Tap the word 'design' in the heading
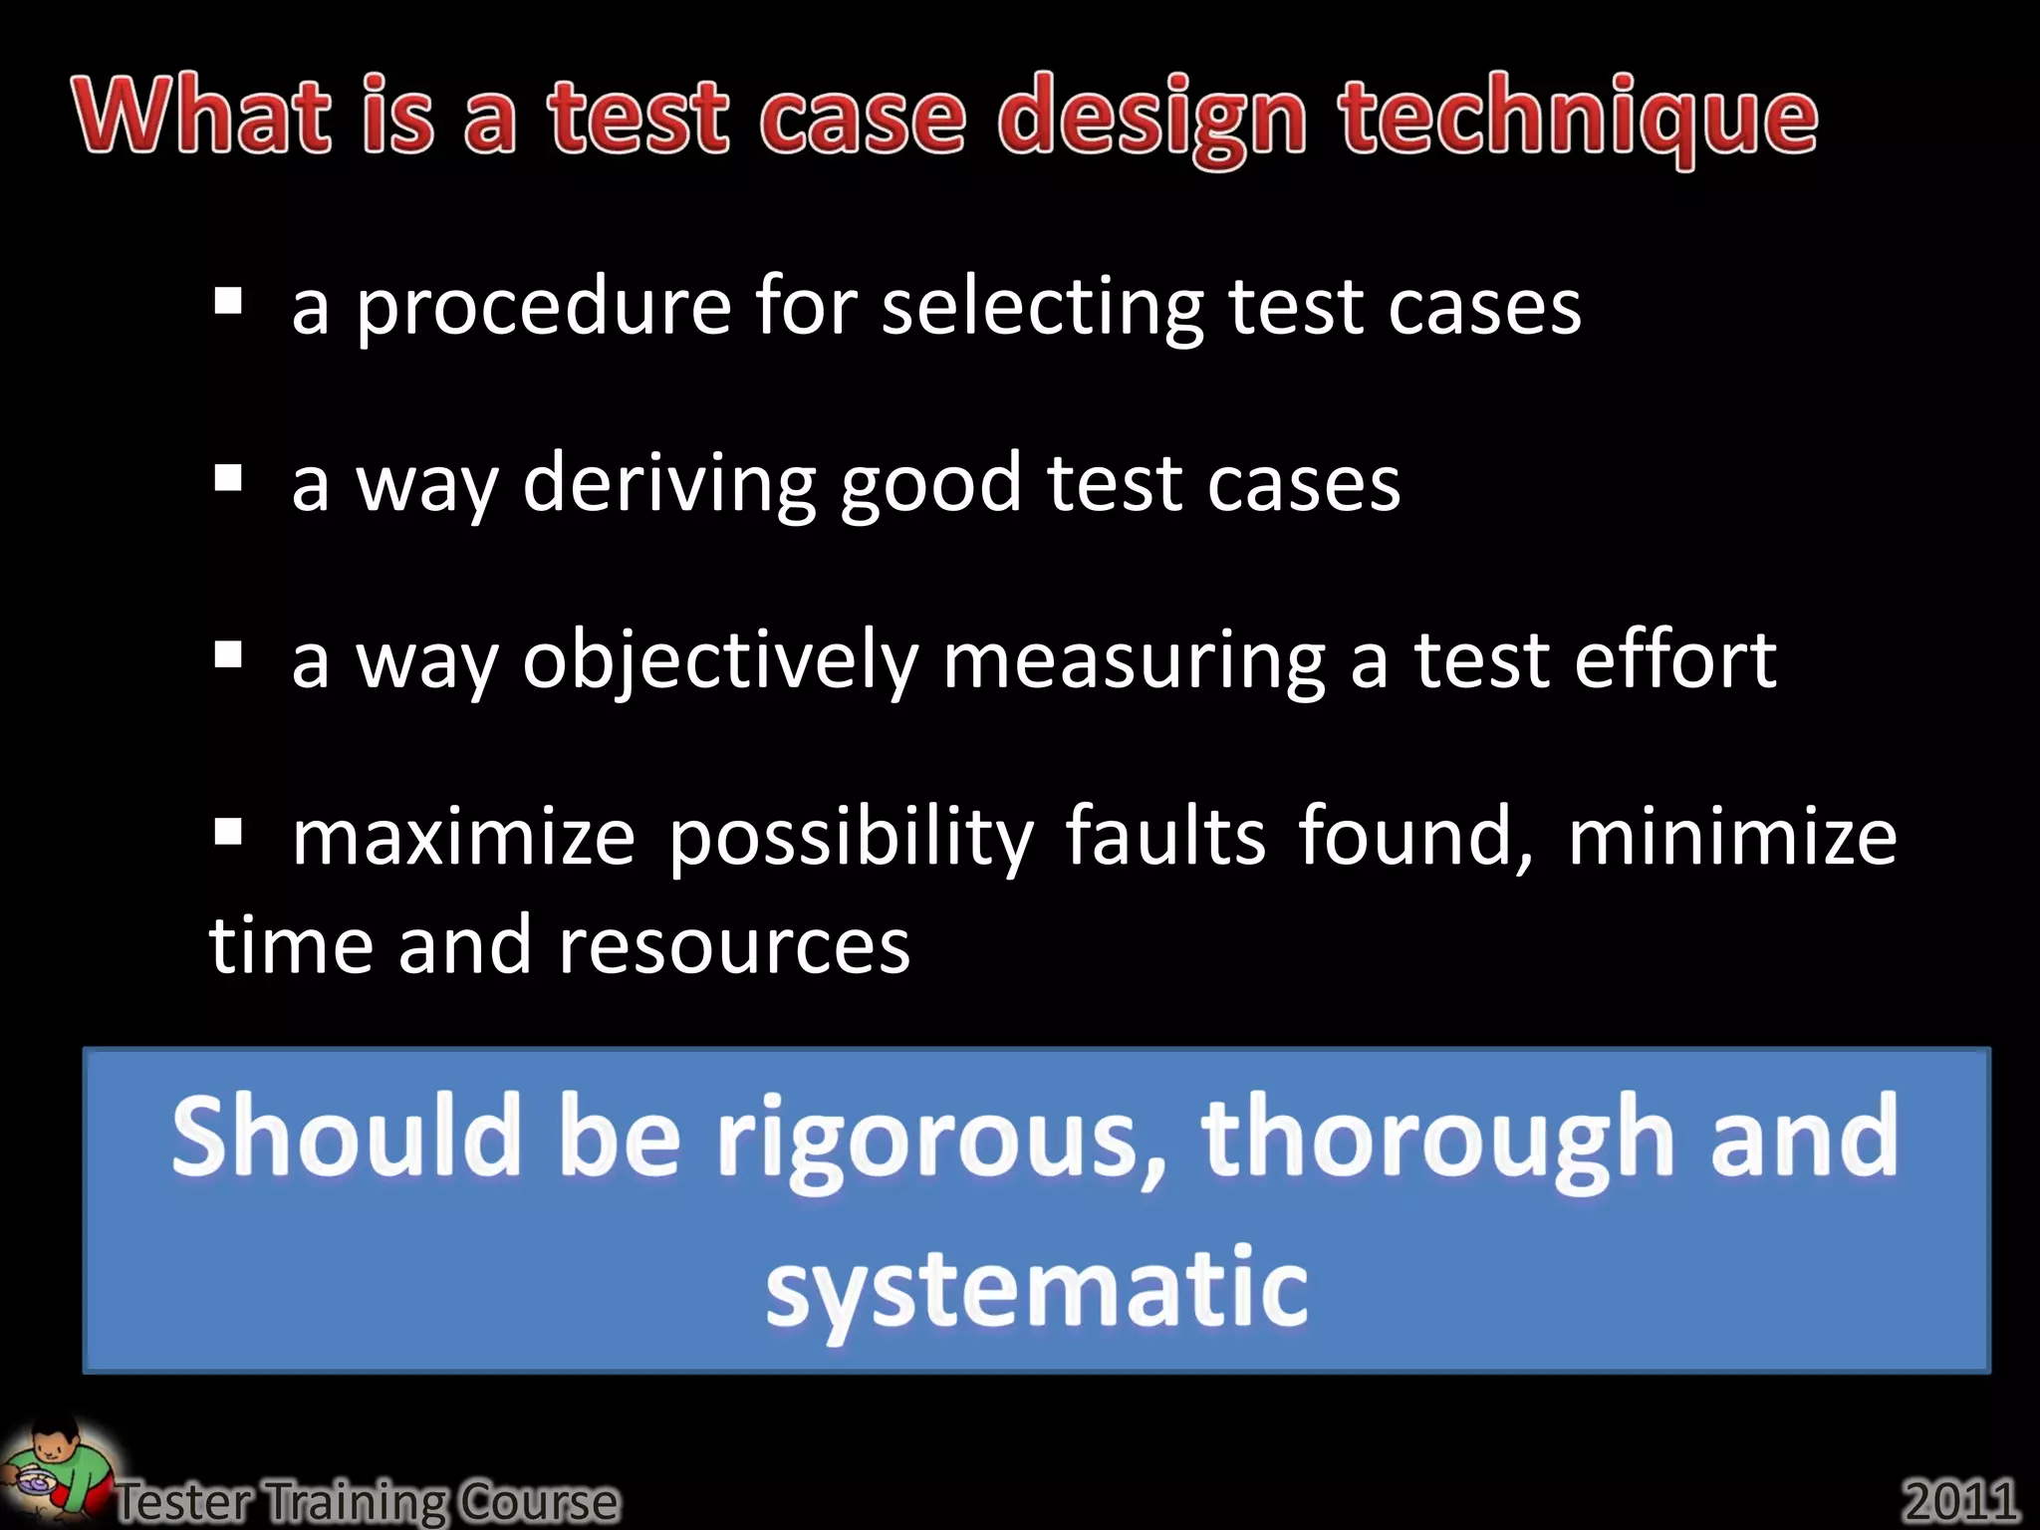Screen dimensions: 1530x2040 [x=1151, y=120]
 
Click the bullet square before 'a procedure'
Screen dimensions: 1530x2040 [x=228, y=300]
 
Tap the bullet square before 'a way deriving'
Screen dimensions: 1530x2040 [x=228, y=478]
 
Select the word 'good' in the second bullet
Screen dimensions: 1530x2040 [x=930, y=484]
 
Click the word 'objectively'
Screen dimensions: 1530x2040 [x=720, y=660]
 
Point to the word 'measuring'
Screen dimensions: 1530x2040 [x=1134, y=660]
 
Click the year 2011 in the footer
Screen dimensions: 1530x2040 [x=1960, y=1499]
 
